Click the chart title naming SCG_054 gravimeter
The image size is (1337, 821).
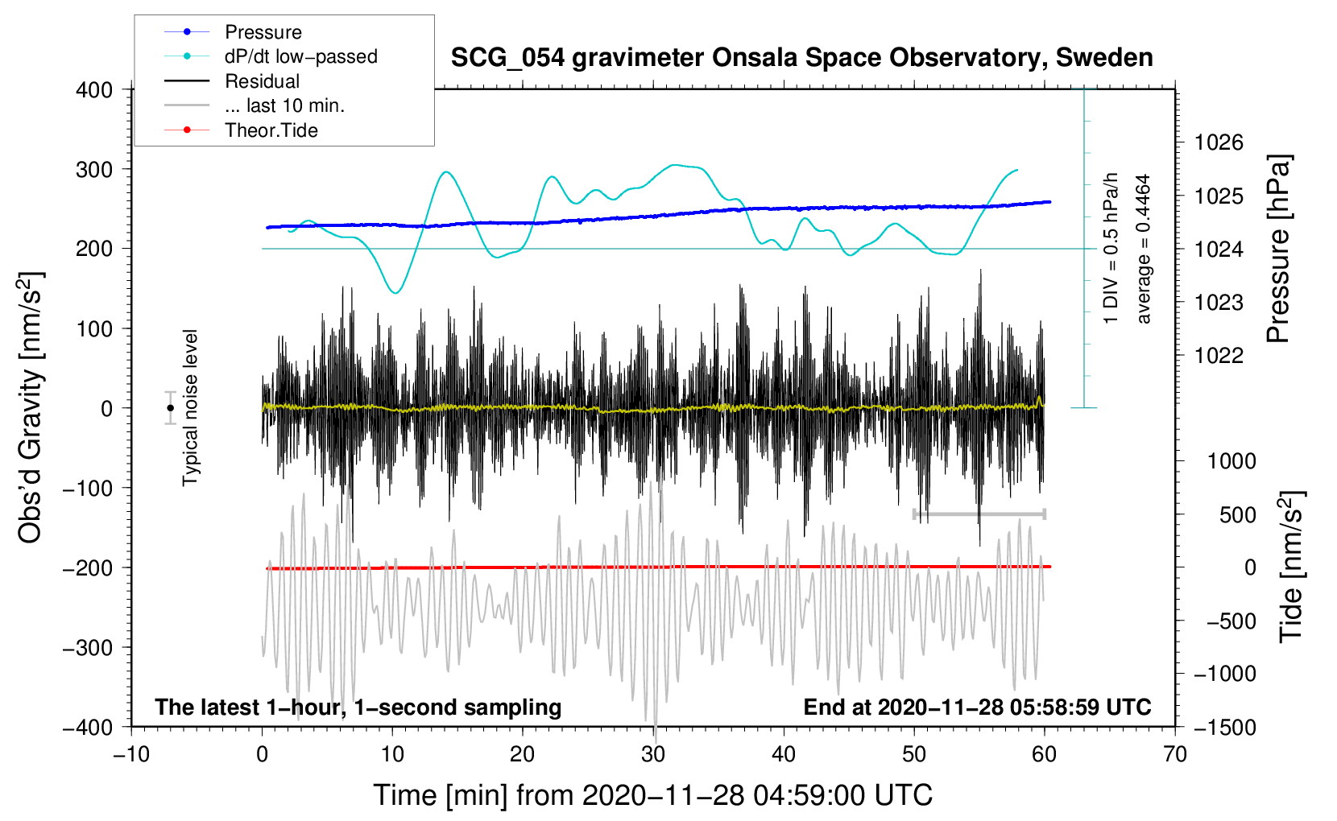tap(801, 58)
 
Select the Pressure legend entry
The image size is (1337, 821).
tap(263, 32)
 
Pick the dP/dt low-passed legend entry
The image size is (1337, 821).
tap(300, 56)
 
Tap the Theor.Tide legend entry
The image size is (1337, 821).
tap(271, 130)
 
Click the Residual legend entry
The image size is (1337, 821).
tap(262, 81)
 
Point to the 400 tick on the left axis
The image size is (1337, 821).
tap(94, 90)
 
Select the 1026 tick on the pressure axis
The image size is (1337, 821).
tap(1219, 143)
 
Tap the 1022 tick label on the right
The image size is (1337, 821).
tap(1219, 356)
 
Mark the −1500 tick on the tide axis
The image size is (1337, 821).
tap(1224, 727)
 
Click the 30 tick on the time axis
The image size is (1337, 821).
tap(653, 754)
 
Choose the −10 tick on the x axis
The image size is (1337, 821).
tap(131, 754)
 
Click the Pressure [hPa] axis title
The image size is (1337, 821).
tap(1278, 250)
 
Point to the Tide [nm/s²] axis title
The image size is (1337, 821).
tap(1291, 567)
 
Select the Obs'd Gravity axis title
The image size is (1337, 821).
tap(31, 408)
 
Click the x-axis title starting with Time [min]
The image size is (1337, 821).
tap(652, 795)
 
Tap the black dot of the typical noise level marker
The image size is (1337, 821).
tap(171, 408)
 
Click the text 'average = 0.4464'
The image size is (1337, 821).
tap(1144, 250)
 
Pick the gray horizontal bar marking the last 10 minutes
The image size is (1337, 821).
tap(979, 514)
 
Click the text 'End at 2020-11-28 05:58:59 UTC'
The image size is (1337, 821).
tap(977, 708)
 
